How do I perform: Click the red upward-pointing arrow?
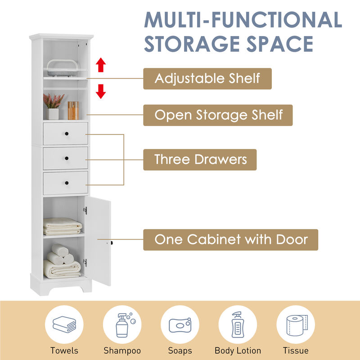coord(101,65)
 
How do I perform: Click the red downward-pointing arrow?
coord(101,92)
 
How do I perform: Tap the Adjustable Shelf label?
coord(207,78)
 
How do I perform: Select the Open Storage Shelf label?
coord(218,115)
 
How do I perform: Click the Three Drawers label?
coord(200,159)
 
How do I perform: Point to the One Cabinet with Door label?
coord(231,239)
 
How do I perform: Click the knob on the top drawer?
coord(66,133)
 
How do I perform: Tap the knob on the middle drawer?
coord(66,158)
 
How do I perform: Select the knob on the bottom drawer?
coord(66,183)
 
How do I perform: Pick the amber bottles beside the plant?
coord(73,110)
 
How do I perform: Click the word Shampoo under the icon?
coord(122,351)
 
